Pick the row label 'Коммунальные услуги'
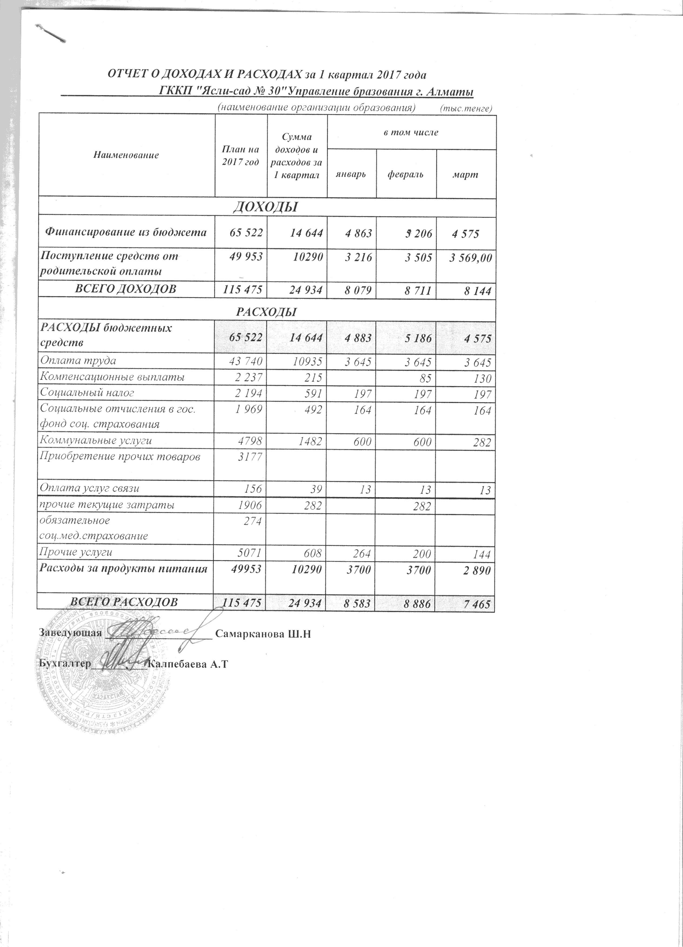tap(95, 440)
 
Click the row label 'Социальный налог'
tap(87, 393)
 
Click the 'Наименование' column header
tap(126, 155)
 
